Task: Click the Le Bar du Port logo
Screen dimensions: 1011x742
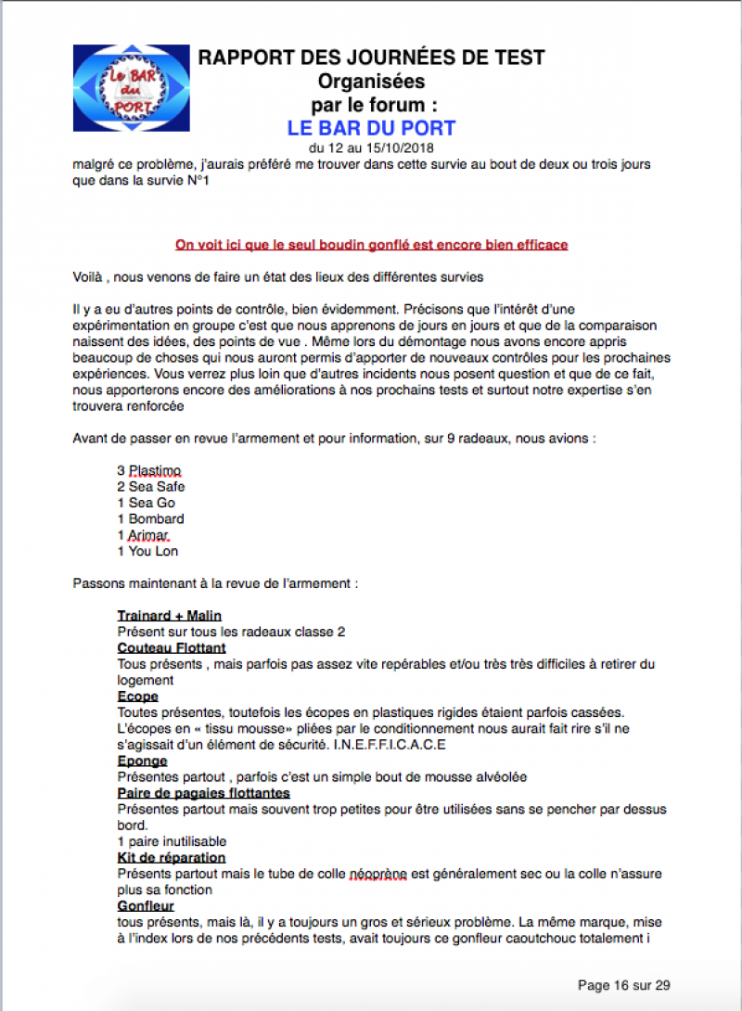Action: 131,88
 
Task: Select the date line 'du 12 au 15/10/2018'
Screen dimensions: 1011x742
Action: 371,148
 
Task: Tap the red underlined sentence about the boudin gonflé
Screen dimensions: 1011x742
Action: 371,245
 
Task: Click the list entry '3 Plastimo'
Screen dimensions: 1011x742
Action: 149,470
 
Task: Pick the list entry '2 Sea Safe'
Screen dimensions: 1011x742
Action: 151,486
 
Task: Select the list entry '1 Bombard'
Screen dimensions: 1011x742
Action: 150,518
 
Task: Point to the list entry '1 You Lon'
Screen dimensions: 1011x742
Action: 147,551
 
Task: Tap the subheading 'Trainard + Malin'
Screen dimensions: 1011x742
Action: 170,616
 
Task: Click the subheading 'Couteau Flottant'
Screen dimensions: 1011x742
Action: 172,647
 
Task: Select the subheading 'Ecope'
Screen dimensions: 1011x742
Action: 138,696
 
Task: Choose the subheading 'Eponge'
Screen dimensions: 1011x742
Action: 142,761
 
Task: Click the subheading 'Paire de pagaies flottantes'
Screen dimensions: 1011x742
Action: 204,793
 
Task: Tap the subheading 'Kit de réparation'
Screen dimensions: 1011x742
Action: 172,858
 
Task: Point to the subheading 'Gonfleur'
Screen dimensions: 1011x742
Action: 146,905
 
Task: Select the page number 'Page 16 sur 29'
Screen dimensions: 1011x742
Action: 624,984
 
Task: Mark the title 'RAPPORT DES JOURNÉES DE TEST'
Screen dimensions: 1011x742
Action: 371,58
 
